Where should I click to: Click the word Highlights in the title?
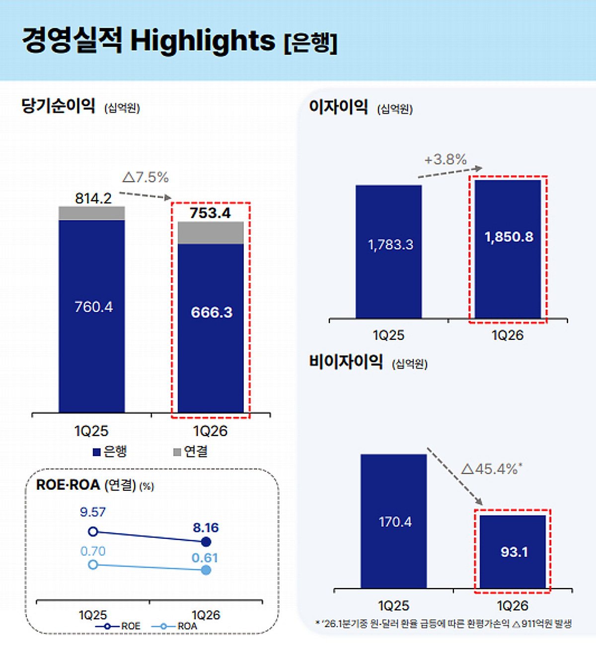(202, 41)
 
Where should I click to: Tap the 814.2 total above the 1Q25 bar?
(93, 198)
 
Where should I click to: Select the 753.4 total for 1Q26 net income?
(210, 213)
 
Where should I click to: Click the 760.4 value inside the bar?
(93, 307)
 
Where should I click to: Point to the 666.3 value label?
(212, 313)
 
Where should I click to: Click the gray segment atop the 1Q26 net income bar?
(211, 232)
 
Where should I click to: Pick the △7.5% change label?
(146, 177)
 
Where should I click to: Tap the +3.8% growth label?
(446, 159)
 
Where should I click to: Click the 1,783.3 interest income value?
(390, 245)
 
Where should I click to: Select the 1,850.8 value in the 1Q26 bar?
(509, 237)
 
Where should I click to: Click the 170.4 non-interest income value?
(395, 522)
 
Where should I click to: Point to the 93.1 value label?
(514, 552)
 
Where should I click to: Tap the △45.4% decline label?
(491, 469)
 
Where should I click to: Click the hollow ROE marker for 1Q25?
(93, 532)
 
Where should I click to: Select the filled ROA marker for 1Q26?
(206, 570)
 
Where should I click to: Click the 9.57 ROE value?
(93, 512)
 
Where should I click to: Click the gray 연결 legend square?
(177, 452)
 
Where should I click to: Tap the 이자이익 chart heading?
(338, 107)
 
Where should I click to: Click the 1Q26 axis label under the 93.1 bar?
(513, 606)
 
